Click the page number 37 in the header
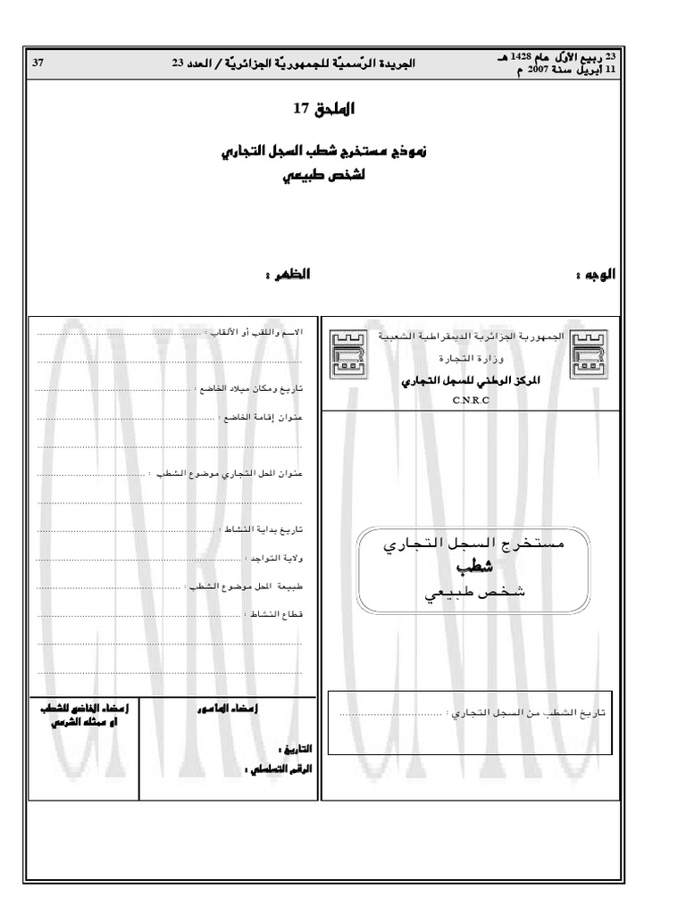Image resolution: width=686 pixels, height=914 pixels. coord(38,62)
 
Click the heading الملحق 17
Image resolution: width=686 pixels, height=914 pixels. coord(325,109)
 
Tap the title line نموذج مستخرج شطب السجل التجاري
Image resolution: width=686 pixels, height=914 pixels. coord(324,152)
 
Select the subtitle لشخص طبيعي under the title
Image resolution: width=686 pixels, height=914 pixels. coord(325,176)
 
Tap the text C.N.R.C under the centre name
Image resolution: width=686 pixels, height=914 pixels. coord(466,400)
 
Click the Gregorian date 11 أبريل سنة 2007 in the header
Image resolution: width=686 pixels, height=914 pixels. coord(554,69)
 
